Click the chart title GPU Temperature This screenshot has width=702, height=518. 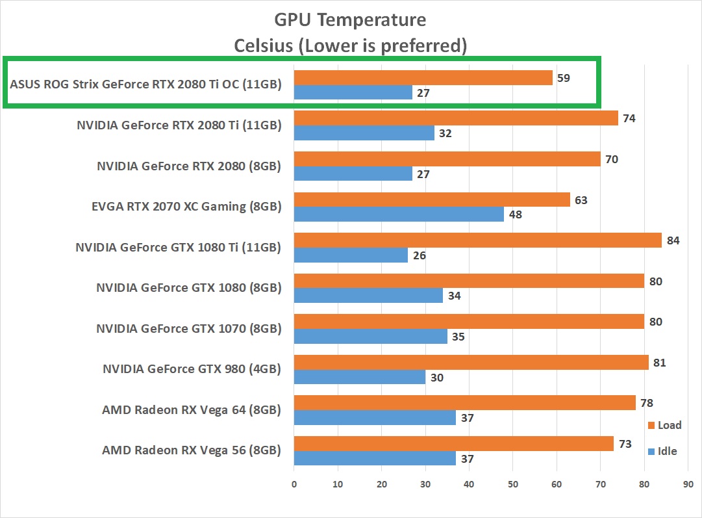(x=350, y=20)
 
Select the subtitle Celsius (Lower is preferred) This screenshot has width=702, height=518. (x=350, y=45)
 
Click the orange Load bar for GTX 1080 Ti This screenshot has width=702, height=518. (x=477, y=240)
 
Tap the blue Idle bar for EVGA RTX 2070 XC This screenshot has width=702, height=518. (x=399, y=214)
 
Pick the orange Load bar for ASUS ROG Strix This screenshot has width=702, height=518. (x=423, y=77)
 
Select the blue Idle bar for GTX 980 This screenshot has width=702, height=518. (x=359, y=377)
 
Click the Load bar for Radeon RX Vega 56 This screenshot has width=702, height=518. (x=453, y=443)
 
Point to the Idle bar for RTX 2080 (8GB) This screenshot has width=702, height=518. (x=353, y=174)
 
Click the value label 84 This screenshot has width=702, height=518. (x=673, y=240)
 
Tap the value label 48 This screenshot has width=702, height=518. (x=515, y=214)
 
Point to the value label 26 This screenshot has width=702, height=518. (x=419, y=255)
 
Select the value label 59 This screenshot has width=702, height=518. (x=564, y=78)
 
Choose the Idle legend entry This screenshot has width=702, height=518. (x=662, y=451)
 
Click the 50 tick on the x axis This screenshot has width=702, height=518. (x=512, y=484)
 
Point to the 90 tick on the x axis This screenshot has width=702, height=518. (x=687, y=484)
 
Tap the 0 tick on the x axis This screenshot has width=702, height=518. (x=294, y=484)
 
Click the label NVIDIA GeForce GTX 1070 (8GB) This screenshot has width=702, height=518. (x=188, y=328)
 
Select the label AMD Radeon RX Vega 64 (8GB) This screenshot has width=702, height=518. (x=191, y=409)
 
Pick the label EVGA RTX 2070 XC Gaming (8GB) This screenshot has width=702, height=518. (x=186, y=207)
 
